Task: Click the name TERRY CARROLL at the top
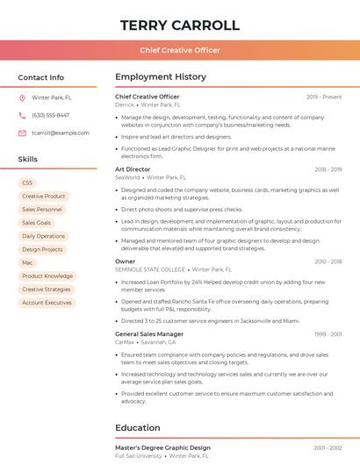click(x=179, y=25)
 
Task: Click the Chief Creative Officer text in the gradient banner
click(x=179, y=50)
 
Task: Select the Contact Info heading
click(x=40, y=77)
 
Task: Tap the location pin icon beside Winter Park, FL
click(x=23, y=97)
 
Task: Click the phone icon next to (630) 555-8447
click(x=23, y=115)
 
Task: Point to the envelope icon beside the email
click(x=23, y=132)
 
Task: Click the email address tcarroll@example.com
click(x=60, y=132)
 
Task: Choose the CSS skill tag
click(x=27, y=182)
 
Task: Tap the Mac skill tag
click(x=27, y=262)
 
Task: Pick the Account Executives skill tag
click(x=47, y=303)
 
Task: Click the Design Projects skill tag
click(x=42, y=249)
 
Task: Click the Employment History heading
click(x=160, y=77)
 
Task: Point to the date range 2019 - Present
click(x=324, y=97)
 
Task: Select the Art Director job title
click(x=133, y=169)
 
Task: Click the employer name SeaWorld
click(x=127, y=177)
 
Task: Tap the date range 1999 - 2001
click(x=328, y=334)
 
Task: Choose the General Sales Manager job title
click(x=149, y=334)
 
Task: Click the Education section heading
click(x=137, y=428)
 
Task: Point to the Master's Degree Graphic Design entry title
click(x=162, y=447)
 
